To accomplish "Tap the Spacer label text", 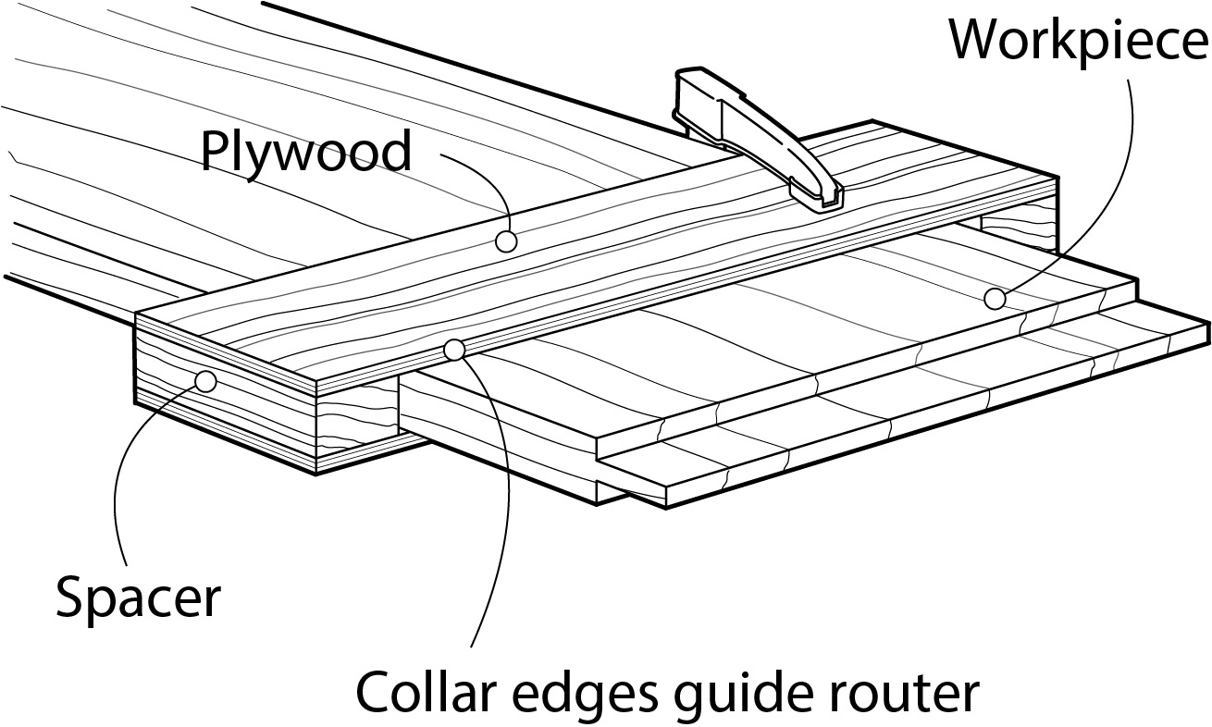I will coord(139,598).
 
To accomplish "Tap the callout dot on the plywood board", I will coord(504,241).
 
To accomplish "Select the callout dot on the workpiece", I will coord(995,299).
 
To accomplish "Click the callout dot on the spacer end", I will coord(205,381).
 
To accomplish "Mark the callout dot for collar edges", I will coord(453,350).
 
